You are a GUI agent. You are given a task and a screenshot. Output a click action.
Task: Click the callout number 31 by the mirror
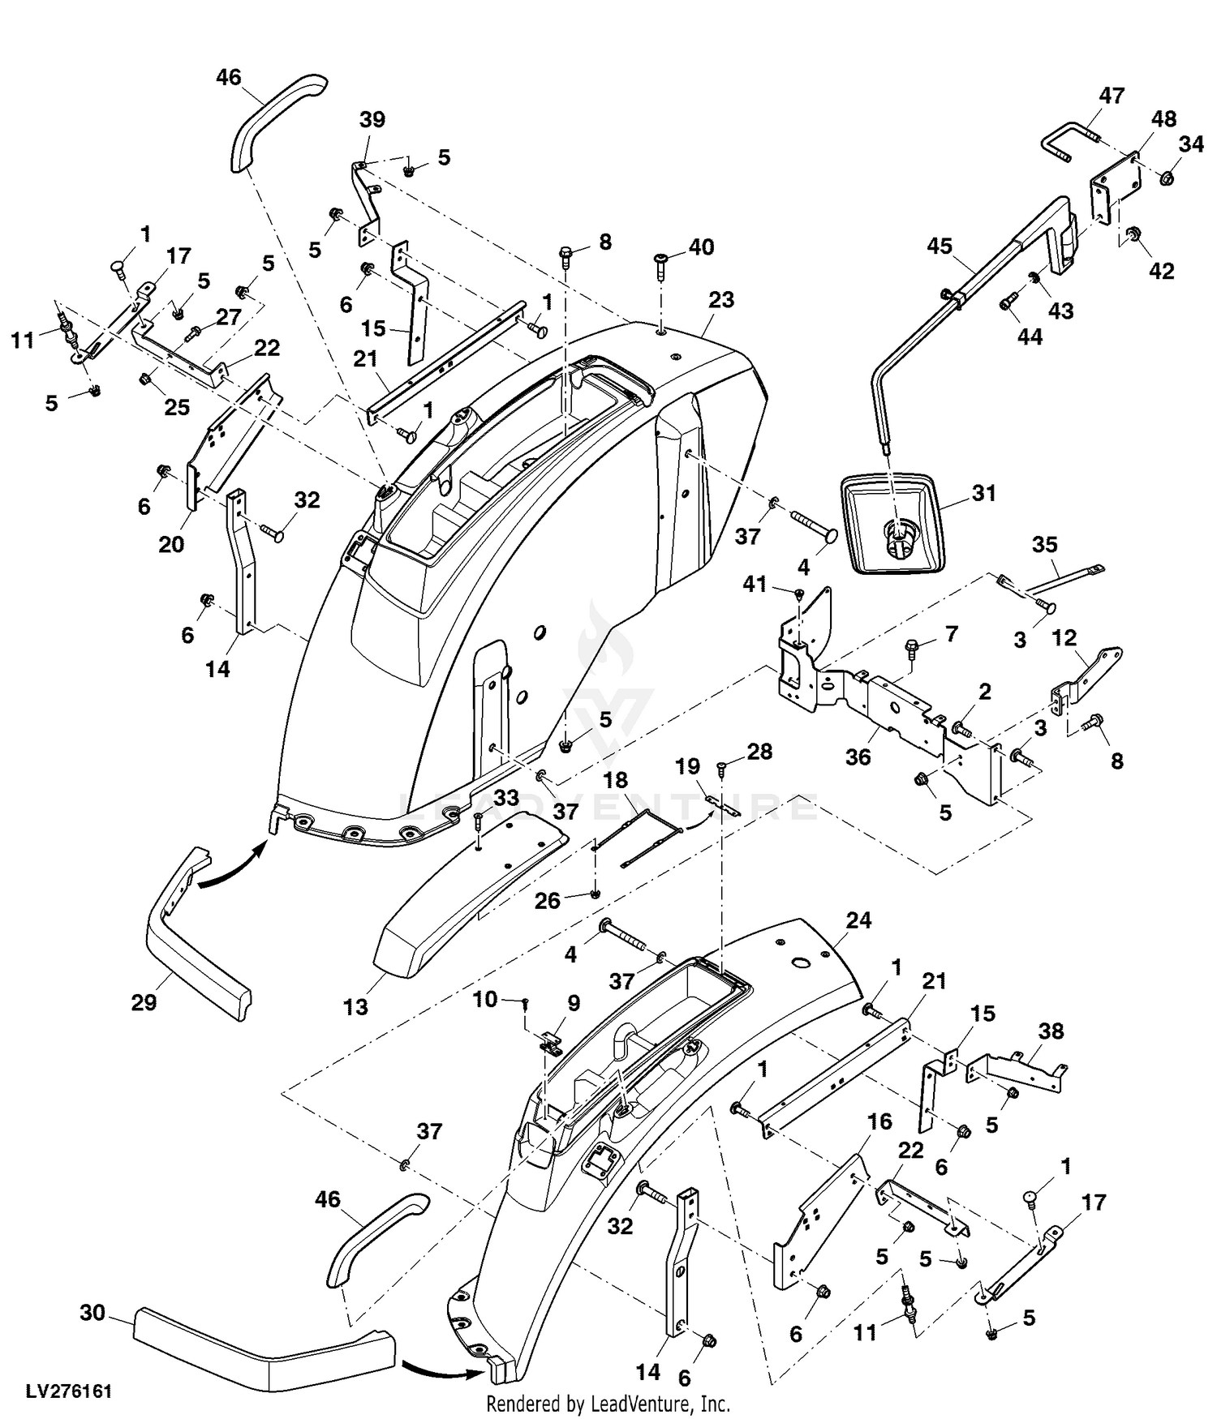click(x=983, y=492)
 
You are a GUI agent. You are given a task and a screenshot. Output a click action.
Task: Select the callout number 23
click(x=720, y=300)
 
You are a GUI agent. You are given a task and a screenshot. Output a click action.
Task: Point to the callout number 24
click(x=858, y=920)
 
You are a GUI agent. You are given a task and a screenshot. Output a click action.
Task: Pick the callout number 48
click(x=1163, y=119)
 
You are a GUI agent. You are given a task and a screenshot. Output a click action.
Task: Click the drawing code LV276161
click(x=69, y=1391)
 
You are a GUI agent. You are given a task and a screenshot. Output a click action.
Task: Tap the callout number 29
click(x=144, y=1002)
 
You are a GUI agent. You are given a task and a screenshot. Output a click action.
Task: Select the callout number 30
click(x=93, y=1312)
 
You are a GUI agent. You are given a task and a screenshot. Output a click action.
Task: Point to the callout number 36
click(x=858, y=757)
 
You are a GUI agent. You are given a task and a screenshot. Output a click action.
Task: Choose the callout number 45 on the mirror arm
click(x=939, y=246)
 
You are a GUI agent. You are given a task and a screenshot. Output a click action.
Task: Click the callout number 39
click(x=372, y=119)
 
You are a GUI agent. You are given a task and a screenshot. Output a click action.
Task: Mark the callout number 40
click(x=701, y=247)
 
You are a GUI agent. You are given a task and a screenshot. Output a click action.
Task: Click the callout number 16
click(x=879, y=1121)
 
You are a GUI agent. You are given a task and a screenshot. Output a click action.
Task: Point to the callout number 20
click(x=171, y=544)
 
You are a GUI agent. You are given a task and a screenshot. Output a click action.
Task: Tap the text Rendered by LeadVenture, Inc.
click(x=608, y=1404)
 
